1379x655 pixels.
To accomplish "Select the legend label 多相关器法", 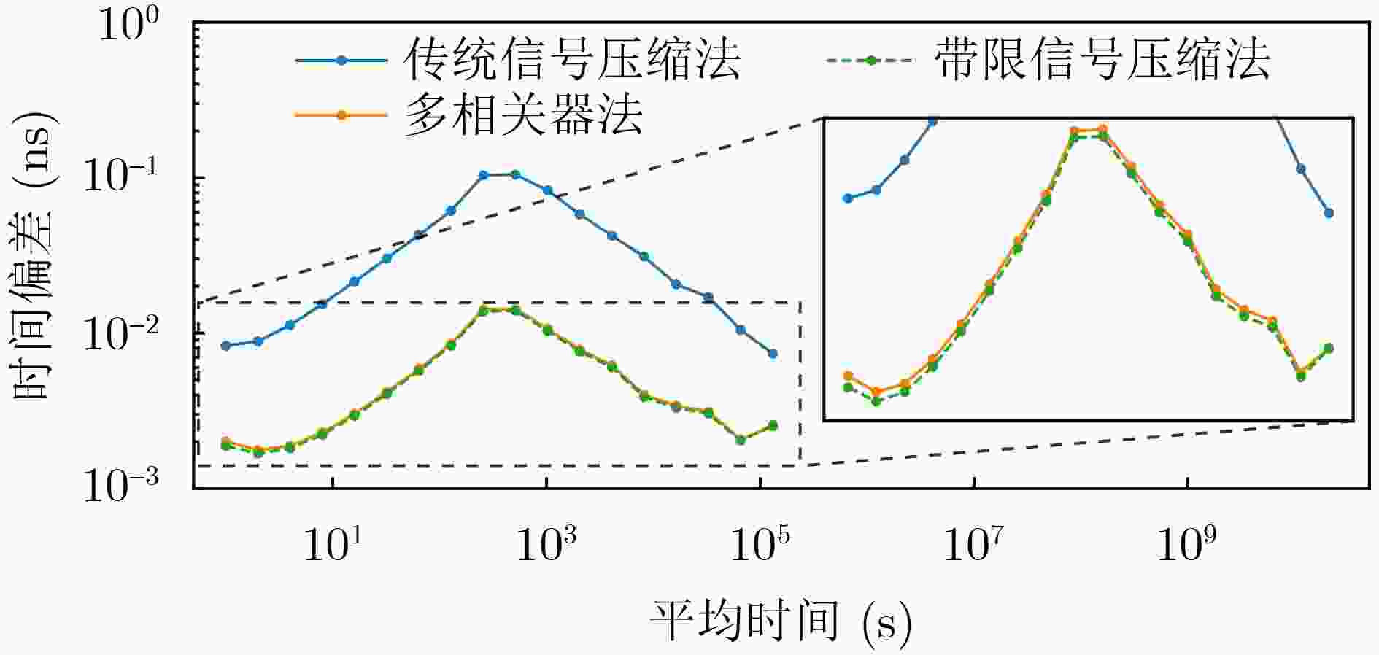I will pos(523,115).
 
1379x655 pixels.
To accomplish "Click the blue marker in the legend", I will pos(341,60).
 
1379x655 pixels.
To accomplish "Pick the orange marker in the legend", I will pos(341,115).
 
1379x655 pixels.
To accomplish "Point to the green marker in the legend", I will pos(870,60).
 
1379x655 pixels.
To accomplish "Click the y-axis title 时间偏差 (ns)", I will pos(33,255).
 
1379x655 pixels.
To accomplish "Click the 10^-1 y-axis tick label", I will pos(120,177).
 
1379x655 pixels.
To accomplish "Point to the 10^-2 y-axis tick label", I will pos(120,333).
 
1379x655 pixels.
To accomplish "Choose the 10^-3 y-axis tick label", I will pos(120,486).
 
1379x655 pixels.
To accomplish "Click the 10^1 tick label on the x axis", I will pos(333,543).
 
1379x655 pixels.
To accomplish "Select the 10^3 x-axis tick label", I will pos(546,543).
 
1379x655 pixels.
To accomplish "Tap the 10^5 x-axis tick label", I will pos(760,543).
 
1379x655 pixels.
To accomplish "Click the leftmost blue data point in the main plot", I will pos(225,346).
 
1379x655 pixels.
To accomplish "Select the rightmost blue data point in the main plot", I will pos(773,354).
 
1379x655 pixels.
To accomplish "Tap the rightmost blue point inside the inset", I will pos(1329,213).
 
